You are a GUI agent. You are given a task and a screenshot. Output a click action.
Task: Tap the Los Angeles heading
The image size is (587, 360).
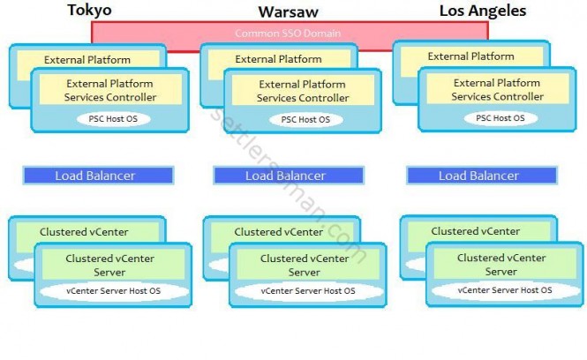(482, 11)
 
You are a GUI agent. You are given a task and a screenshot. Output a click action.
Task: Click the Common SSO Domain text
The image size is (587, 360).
(289, 34)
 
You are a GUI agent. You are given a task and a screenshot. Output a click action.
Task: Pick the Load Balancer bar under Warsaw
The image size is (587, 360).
(289, 176)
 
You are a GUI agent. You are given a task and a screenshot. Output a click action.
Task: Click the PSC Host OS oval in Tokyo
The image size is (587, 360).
(112, 118)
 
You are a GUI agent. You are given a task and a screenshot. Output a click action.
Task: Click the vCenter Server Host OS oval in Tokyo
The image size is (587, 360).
(113, 289)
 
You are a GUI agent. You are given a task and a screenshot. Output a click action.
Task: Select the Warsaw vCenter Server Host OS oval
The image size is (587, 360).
(308, 290)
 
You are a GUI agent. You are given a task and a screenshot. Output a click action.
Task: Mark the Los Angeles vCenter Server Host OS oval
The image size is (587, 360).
(504, 289)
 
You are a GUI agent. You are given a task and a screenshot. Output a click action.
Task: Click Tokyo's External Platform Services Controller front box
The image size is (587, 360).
(111, 90)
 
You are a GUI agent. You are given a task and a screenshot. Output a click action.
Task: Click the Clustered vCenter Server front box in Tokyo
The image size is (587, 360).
(111, 265)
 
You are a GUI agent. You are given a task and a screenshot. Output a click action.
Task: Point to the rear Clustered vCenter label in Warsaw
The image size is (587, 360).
(278, 232)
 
